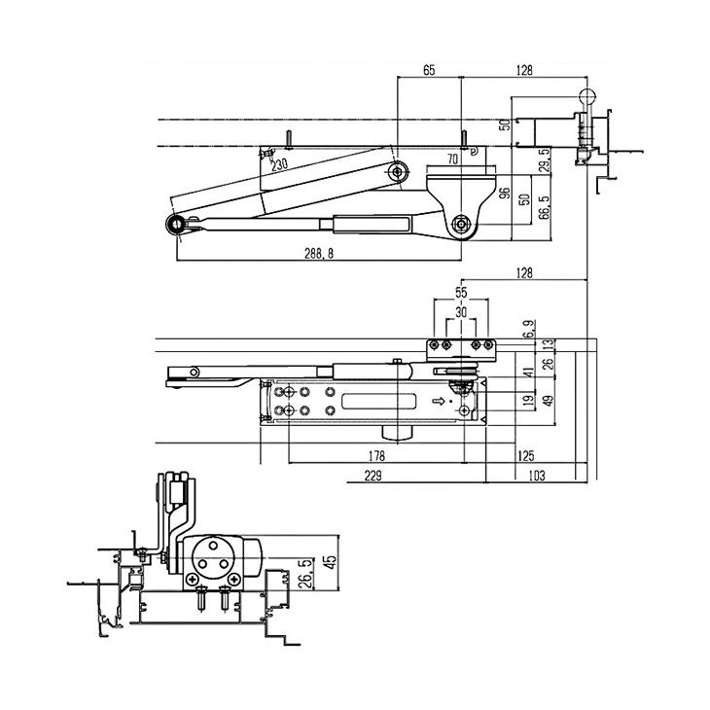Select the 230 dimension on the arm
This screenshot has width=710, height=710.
coord(280,165)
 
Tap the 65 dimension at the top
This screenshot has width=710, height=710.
coord(429,69)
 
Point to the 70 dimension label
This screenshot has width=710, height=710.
coord(452,158)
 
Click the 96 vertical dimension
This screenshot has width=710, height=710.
coord(505,193)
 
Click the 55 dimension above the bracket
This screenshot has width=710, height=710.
coord(461,292)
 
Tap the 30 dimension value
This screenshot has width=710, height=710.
coord(461,311)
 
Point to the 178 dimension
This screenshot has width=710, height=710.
coord(378,455)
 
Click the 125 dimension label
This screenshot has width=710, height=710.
coord(526,455)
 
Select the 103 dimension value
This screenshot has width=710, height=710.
coord(535,476)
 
